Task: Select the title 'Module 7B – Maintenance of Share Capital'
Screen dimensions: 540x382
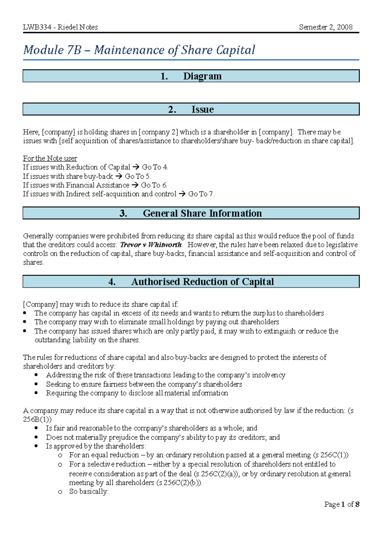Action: [139, 50]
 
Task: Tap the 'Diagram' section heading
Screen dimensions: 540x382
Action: [202, 76]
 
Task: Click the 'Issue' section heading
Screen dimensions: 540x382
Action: [202, 109]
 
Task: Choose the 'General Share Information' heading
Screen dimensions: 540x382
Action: [202, 213]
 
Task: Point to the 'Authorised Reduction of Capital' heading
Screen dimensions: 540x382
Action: [202, 282]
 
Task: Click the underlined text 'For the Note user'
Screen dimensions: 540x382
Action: [50, 158]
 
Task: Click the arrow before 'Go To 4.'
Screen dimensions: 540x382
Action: [136, 167]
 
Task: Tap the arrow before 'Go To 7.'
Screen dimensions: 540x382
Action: [182, 194]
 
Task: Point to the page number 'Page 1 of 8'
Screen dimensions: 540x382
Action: [342, 504]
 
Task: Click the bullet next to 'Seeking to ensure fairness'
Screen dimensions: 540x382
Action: [36, 384]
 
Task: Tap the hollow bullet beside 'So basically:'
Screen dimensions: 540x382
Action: [60, 492]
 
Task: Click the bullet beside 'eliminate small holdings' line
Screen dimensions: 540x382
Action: [25, 322]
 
